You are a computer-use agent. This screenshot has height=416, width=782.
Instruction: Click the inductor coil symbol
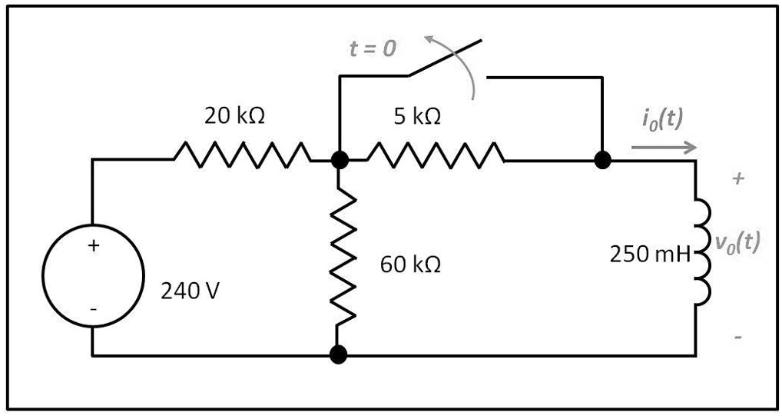pos(702,255)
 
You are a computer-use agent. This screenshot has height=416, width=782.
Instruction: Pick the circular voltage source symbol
pos(93,278)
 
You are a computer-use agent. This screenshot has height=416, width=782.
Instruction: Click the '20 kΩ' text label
pos(234,116)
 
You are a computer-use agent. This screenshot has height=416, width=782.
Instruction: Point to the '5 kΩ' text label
pos(417,116)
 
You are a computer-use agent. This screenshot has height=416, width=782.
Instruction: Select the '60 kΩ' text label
pos(410,265)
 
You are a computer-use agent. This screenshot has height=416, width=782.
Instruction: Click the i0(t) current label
pos(661,119)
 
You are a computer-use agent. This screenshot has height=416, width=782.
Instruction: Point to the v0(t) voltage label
pos(737,242)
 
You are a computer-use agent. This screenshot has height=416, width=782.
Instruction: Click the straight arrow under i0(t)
pos(664,147)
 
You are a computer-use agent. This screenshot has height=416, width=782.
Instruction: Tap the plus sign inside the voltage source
pos(94,246)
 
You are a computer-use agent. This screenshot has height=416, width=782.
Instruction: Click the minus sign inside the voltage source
pos(93,309)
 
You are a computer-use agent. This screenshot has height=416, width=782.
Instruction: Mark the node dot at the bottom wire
pos(337,354)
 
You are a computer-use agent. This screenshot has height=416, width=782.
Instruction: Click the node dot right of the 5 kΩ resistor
pos(603,160)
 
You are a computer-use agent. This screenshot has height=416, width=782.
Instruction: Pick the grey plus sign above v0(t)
pos(738,179)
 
